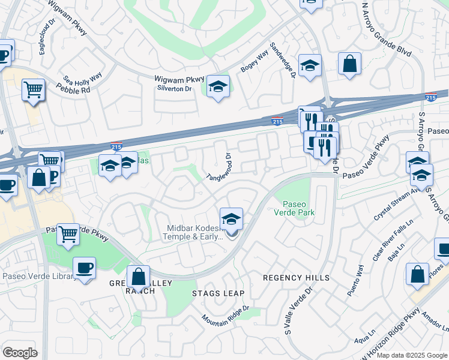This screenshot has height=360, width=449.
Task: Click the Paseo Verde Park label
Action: tap(294, 208)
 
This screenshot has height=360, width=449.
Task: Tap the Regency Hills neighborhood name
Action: tap(297, 278)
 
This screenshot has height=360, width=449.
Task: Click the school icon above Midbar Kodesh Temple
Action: tap(231, 218)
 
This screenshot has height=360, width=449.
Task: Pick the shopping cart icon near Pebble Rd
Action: tap(34, 90)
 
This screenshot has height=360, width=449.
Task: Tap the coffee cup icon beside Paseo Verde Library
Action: tap(84, 267)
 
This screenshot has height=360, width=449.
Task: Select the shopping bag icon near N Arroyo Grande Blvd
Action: tap(349, 63)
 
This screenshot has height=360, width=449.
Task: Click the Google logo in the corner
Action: tap(20, 353)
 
